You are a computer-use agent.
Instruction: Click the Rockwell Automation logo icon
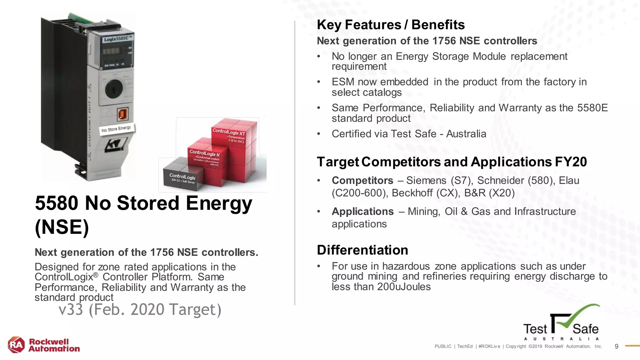click(16, 345)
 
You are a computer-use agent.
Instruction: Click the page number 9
click(616, 346)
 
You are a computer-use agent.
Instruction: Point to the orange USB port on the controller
click(122, 114)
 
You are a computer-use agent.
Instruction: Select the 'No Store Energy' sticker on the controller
click(116, 129)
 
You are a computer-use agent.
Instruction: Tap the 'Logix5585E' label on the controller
click(118, 39)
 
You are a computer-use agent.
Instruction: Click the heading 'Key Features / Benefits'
click(391, 25)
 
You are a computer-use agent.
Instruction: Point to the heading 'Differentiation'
click(362, 250)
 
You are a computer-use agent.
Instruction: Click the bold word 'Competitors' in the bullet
click(362, 180)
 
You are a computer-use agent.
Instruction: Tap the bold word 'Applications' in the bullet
click(362, 211)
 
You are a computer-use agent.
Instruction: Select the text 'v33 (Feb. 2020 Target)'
click(140, 309)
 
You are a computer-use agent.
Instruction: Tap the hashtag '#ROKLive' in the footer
click(489, 346)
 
